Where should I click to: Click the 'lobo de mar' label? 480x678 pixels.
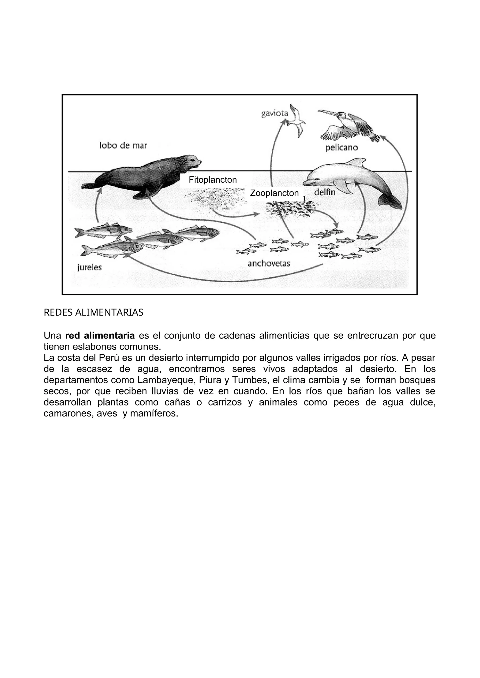click(x=123, y=145)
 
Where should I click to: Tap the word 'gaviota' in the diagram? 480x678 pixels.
click(x=275, y=113)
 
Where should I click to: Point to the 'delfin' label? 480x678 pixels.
click(x=325, y=192)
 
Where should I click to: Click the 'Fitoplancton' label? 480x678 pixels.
click(x=213, y=180)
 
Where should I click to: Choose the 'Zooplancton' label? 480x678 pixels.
click(x=274, y=193)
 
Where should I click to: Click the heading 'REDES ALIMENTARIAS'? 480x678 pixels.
click(x=94, y=312)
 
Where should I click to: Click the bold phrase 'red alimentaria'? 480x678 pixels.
click(x=100, y=336)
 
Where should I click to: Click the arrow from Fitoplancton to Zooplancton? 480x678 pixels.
click(x=233, y=215)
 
